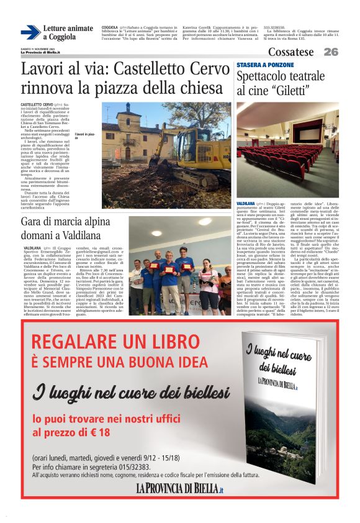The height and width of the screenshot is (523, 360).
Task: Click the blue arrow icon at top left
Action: click(30, 33)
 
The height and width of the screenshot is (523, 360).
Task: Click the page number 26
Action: click(331, 52)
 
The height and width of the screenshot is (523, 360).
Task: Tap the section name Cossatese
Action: click(291, 52)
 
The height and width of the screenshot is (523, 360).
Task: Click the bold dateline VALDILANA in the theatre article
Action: click(246, 203)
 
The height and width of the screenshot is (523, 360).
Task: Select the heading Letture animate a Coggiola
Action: click(68, 33)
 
